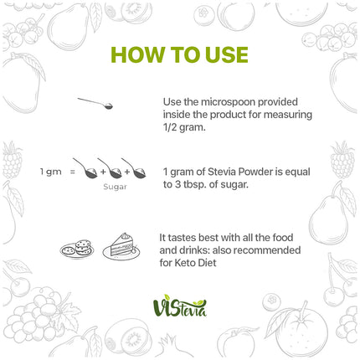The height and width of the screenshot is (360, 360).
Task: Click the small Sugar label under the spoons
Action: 114,187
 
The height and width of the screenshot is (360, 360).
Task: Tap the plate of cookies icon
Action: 76,249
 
